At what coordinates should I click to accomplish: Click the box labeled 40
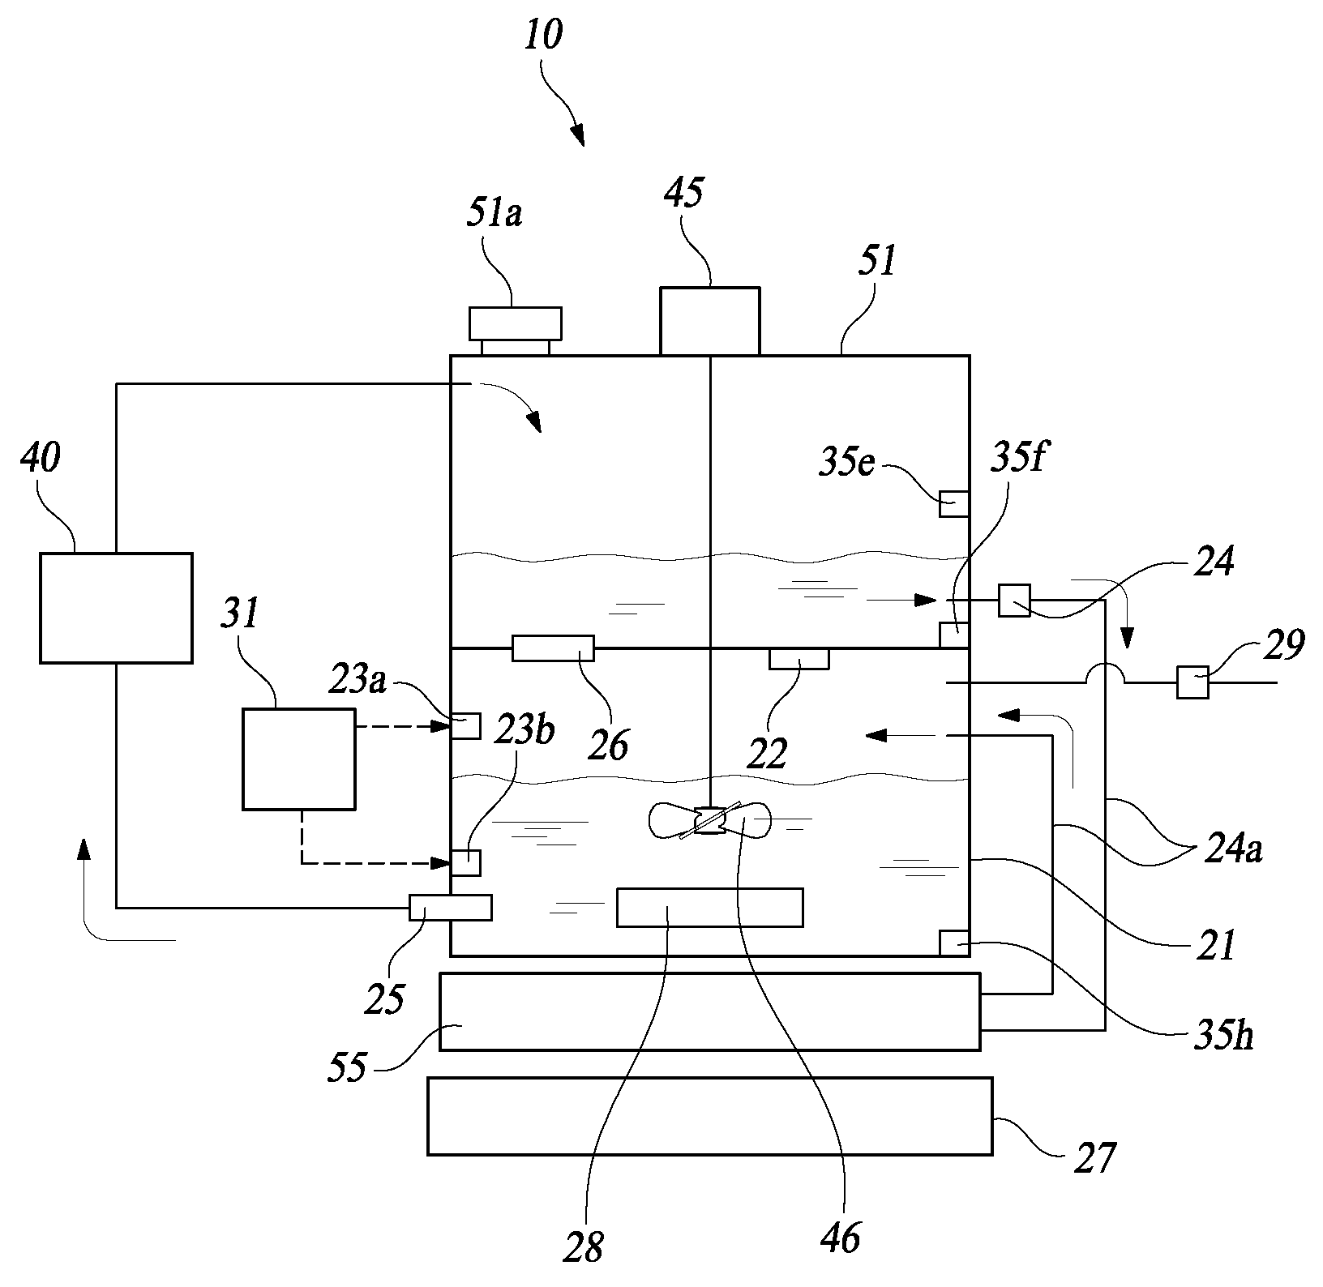coord(116,608)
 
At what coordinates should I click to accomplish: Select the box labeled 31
coord(299,759)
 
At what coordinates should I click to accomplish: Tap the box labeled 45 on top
coord(710,321)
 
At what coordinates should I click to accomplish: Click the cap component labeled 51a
coord(516,331)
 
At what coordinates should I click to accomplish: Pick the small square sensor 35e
coord(954,504)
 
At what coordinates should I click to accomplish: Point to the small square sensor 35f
coord(954,635)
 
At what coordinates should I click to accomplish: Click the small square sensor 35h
coord(954,943)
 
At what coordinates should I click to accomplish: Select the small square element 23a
coord(465,726)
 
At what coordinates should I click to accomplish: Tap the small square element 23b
coord(465,862)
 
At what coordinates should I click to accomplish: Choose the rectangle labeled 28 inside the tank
coord(710,907)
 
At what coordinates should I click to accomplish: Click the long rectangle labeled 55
coord(709,1012)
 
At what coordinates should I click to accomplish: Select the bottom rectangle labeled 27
coord(709,1115)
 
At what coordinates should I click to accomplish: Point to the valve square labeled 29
coord(1193,682)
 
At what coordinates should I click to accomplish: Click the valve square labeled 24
coord(1014,601)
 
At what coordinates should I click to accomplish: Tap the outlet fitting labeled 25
coord(450,907)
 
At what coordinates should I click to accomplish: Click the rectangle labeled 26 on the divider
coord(553,648)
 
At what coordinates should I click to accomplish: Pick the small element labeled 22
coord(799,659)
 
